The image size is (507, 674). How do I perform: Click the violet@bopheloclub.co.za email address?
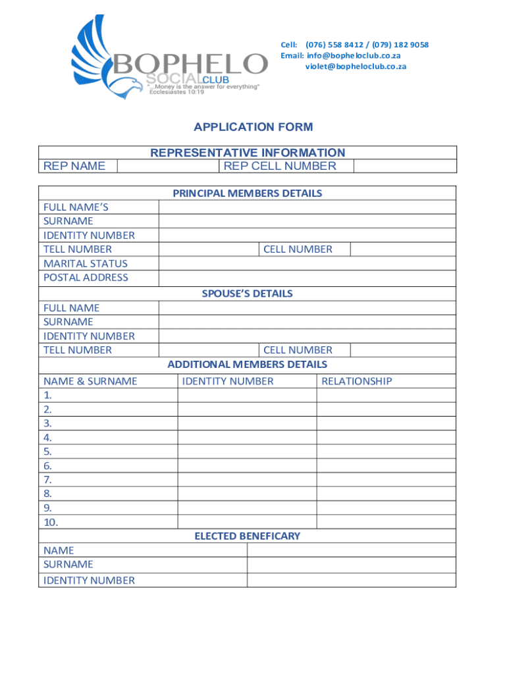pos(355,66)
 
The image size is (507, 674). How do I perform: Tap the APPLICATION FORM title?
pos(253,127)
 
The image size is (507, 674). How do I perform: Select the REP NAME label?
pos(74,166)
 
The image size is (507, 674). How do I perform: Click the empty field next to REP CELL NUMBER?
pos(404,166)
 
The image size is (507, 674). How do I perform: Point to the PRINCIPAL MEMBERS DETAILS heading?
pos(248,194)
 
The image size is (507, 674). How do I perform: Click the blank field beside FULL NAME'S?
pos(307,207)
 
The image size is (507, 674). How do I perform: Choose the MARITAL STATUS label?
pos(86,263)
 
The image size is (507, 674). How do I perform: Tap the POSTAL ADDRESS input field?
pos(307,278)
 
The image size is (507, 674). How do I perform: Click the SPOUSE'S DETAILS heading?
pos(248,294)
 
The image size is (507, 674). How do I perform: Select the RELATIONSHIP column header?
pos(356,381)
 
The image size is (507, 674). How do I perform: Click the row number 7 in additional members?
pos(47,480)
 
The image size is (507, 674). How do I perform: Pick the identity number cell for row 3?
pos(247,423)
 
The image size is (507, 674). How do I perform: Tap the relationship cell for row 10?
pos(386,522)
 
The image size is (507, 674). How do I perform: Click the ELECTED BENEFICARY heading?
pos(248,536)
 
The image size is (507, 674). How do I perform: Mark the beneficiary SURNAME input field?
pos(351,565)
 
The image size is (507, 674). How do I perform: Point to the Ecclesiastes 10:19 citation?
pos(176,92)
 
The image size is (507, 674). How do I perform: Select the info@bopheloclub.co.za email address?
pos(354,55)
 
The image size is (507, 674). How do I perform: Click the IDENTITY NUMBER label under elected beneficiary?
pos(89,581)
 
